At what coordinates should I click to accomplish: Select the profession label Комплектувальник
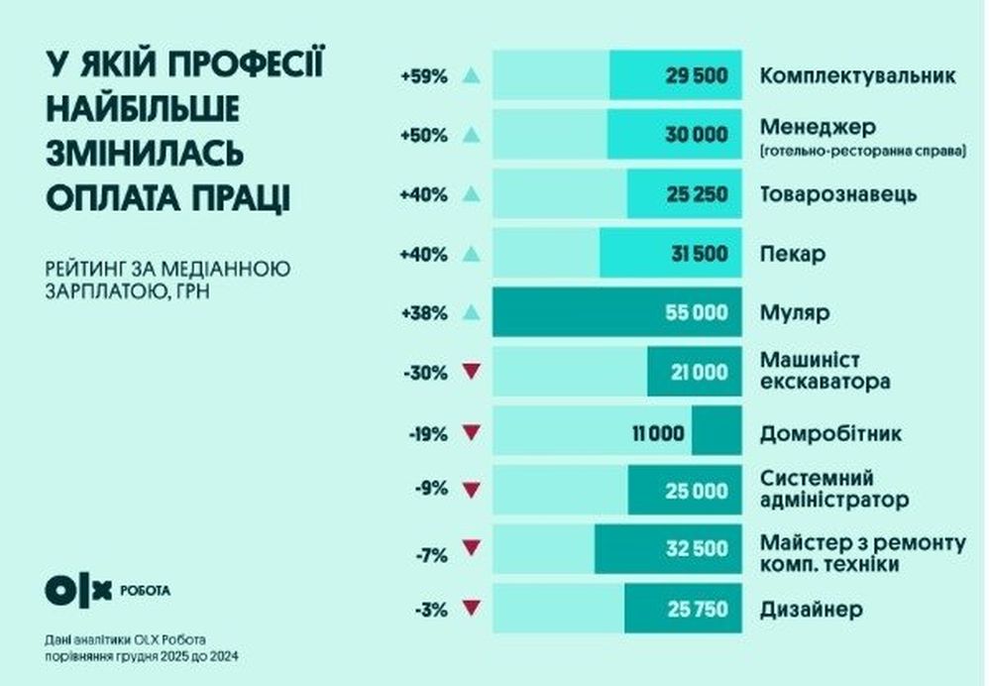pos(857,76)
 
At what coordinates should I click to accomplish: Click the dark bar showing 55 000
pos(615,313)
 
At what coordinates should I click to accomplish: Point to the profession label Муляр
pos(795,313)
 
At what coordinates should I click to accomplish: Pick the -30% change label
pos(425,373)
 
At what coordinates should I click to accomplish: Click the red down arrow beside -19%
pos(471,432)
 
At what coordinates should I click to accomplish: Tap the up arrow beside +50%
pos(471,135)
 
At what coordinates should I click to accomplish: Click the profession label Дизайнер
pos(811,609)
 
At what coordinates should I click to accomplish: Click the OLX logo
pos(78,589)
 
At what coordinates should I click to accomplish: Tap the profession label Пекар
pos(793,254)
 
